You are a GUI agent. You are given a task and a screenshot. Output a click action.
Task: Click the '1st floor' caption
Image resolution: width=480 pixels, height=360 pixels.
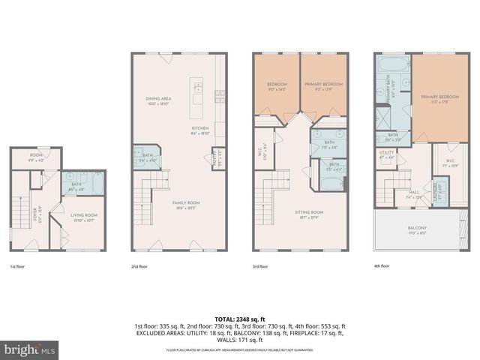[16, 266]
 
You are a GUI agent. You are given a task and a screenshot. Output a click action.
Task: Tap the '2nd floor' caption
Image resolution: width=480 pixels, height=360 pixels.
[139, 266]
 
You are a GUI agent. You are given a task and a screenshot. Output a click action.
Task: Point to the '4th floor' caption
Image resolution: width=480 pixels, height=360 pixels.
[382, 266]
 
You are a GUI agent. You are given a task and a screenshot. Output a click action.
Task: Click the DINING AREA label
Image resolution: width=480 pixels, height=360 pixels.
[160, 98]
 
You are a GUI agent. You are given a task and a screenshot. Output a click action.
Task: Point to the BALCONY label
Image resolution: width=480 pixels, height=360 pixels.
[417, 228]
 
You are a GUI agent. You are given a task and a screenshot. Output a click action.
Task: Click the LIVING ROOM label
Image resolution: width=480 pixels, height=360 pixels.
[84, 215]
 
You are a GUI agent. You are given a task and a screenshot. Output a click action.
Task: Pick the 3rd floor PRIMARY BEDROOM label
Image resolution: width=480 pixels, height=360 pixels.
[323, 84]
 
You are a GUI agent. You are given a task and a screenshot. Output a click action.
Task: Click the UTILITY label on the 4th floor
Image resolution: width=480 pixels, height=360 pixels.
[387, 153]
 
